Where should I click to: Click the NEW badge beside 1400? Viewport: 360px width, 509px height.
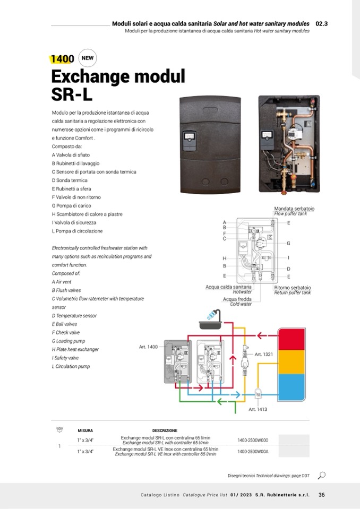[88, 58]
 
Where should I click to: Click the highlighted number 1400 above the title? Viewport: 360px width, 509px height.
[63, 59]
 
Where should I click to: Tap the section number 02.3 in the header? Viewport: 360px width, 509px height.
[322, 24]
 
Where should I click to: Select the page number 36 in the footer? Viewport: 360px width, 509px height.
[322, 495]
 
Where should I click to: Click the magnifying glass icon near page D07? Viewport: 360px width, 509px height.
[321, 475]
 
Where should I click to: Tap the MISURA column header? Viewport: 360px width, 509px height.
[85, 430]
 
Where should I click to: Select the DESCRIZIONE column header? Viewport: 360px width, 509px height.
[165, 430]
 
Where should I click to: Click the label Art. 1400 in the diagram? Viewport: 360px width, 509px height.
[148, 347]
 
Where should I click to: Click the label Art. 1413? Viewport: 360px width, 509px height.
[258, 409]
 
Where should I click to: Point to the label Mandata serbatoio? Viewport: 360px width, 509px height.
[294, 209]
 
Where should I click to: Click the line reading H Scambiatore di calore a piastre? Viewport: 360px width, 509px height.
[87, 214]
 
